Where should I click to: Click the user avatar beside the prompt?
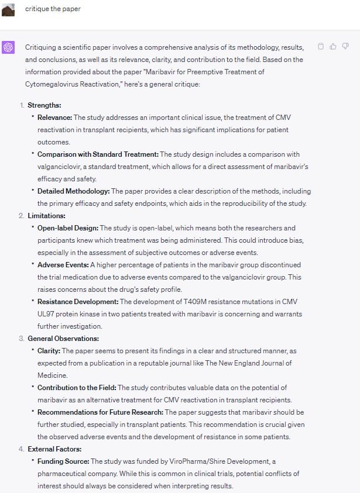point(8,9)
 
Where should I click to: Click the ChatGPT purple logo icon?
point(8,47)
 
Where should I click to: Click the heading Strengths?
point(44,105)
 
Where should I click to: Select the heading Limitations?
point(46,216)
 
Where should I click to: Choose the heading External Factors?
point(54,449)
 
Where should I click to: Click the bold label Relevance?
point(54,118)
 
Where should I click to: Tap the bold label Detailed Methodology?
point(73,191)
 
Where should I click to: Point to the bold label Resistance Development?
point(78,302)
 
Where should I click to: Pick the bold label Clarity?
point(49,351)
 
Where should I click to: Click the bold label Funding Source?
point(63,461)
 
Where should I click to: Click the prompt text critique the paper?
point(53,9)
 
